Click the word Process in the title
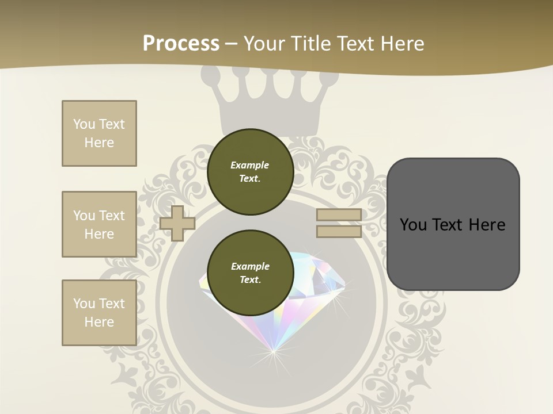(x=181, y=43)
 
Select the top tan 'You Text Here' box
(x=99, y=133)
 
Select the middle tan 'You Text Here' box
(x=99, y=224)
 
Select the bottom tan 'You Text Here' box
(x=99, y=313)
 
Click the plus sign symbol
(x=177, y=223)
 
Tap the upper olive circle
(x=250, y=172)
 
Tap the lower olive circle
(x=250, y=273)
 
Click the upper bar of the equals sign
(x=339, y=214)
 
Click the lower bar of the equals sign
(x=339, y=232)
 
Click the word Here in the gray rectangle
(x=487, y=225)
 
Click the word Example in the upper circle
(x=250, y=165)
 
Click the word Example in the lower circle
(x=250, y=266)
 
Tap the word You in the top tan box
(x=84, y=124)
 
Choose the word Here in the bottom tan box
(x=99, y=322)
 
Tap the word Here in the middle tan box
(x=99, y=234)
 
